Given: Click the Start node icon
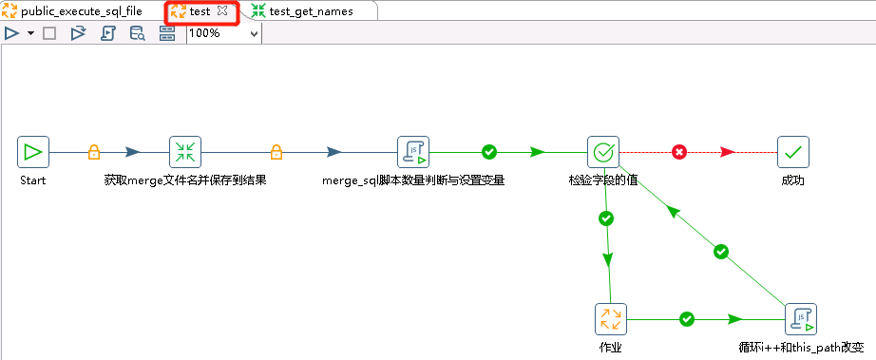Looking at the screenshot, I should (33, 151).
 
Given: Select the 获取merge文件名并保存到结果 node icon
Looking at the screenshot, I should (185, 151).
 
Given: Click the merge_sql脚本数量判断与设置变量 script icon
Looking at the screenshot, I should (413, 151).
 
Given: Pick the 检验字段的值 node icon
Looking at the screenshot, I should (603, 151).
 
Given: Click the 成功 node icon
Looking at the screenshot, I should (793, 151).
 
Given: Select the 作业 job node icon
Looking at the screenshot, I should (611, 319).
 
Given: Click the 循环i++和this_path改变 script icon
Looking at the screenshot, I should (801, 319).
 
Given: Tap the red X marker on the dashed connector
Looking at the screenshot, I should (679, 152).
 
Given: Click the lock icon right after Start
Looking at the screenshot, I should (94, 152).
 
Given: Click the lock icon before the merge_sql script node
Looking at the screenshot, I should (276, 152).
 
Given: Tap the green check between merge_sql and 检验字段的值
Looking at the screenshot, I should (489, 152).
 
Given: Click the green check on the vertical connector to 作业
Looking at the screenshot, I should (606, 218).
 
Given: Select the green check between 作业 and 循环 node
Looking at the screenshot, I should (688, 320).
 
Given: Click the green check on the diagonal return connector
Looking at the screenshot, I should (721, 252).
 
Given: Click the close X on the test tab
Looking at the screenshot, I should (222, 11).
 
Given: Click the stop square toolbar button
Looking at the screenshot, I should (50, 33).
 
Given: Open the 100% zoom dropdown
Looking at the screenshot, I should (253, 33).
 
